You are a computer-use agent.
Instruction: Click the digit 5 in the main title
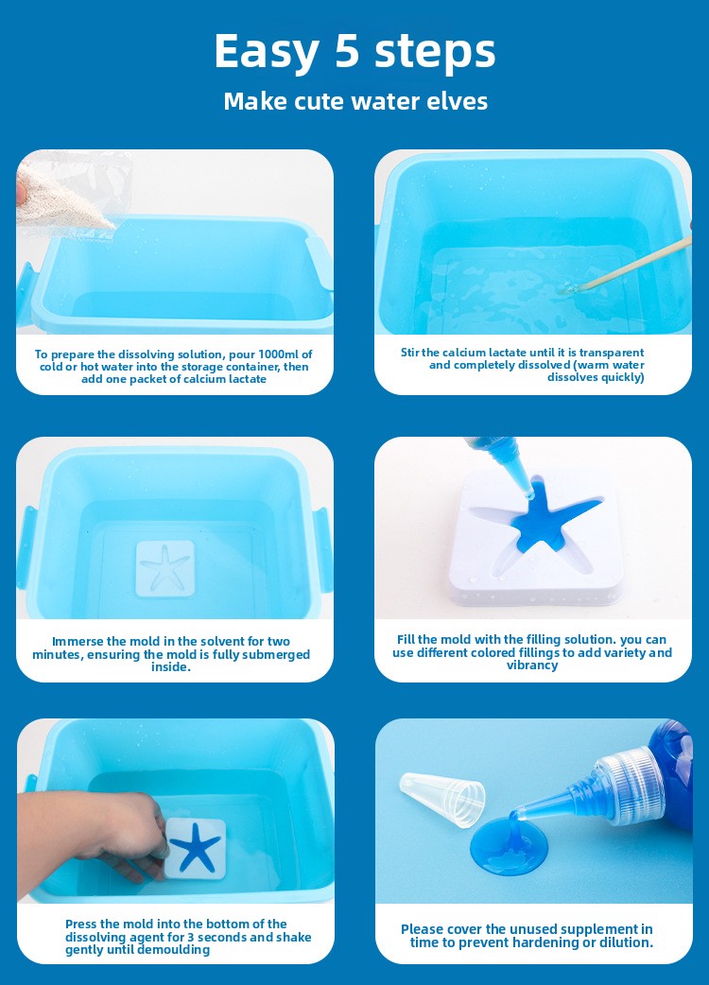347,50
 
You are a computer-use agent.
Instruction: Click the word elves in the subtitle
458,101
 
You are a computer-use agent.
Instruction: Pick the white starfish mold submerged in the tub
165,568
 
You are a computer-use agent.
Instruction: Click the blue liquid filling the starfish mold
547,519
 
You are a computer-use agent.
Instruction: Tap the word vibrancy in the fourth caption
532,665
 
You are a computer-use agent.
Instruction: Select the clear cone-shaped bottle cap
442,799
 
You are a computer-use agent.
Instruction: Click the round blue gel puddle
509,845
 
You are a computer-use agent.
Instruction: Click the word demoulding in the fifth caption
173,950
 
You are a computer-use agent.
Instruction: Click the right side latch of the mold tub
322,549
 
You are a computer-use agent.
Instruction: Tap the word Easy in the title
267,51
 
